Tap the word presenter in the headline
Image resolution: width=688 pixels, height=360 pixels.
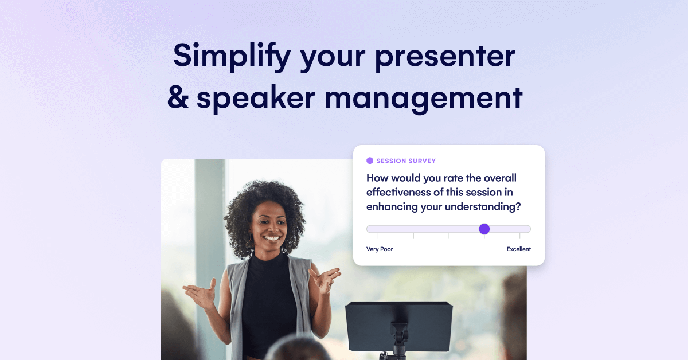(x=447, y=56)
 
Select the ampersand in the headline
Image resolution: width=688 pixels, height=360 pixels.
(x=178, y=98)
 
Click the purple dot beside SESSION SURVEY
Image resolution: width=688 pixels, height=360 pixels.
(x=370, y=161)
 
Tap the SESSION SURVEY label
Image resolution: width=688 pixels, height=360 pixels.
(x=406, y=161)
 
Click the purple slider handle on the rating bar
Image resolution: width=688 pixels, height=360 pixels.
(x=484, y=229)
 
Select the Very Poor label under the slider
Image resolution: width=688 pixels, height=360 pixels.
(x=380, y=249)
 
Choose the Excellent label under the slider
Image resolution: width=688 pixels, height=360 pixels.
(x=518, y=249)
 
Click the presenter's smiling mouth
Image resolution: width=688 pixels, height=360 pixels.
(x=271, y=237)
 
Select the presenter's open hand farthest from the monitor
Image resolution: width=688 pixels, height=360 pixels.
(x=199, y=295)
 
